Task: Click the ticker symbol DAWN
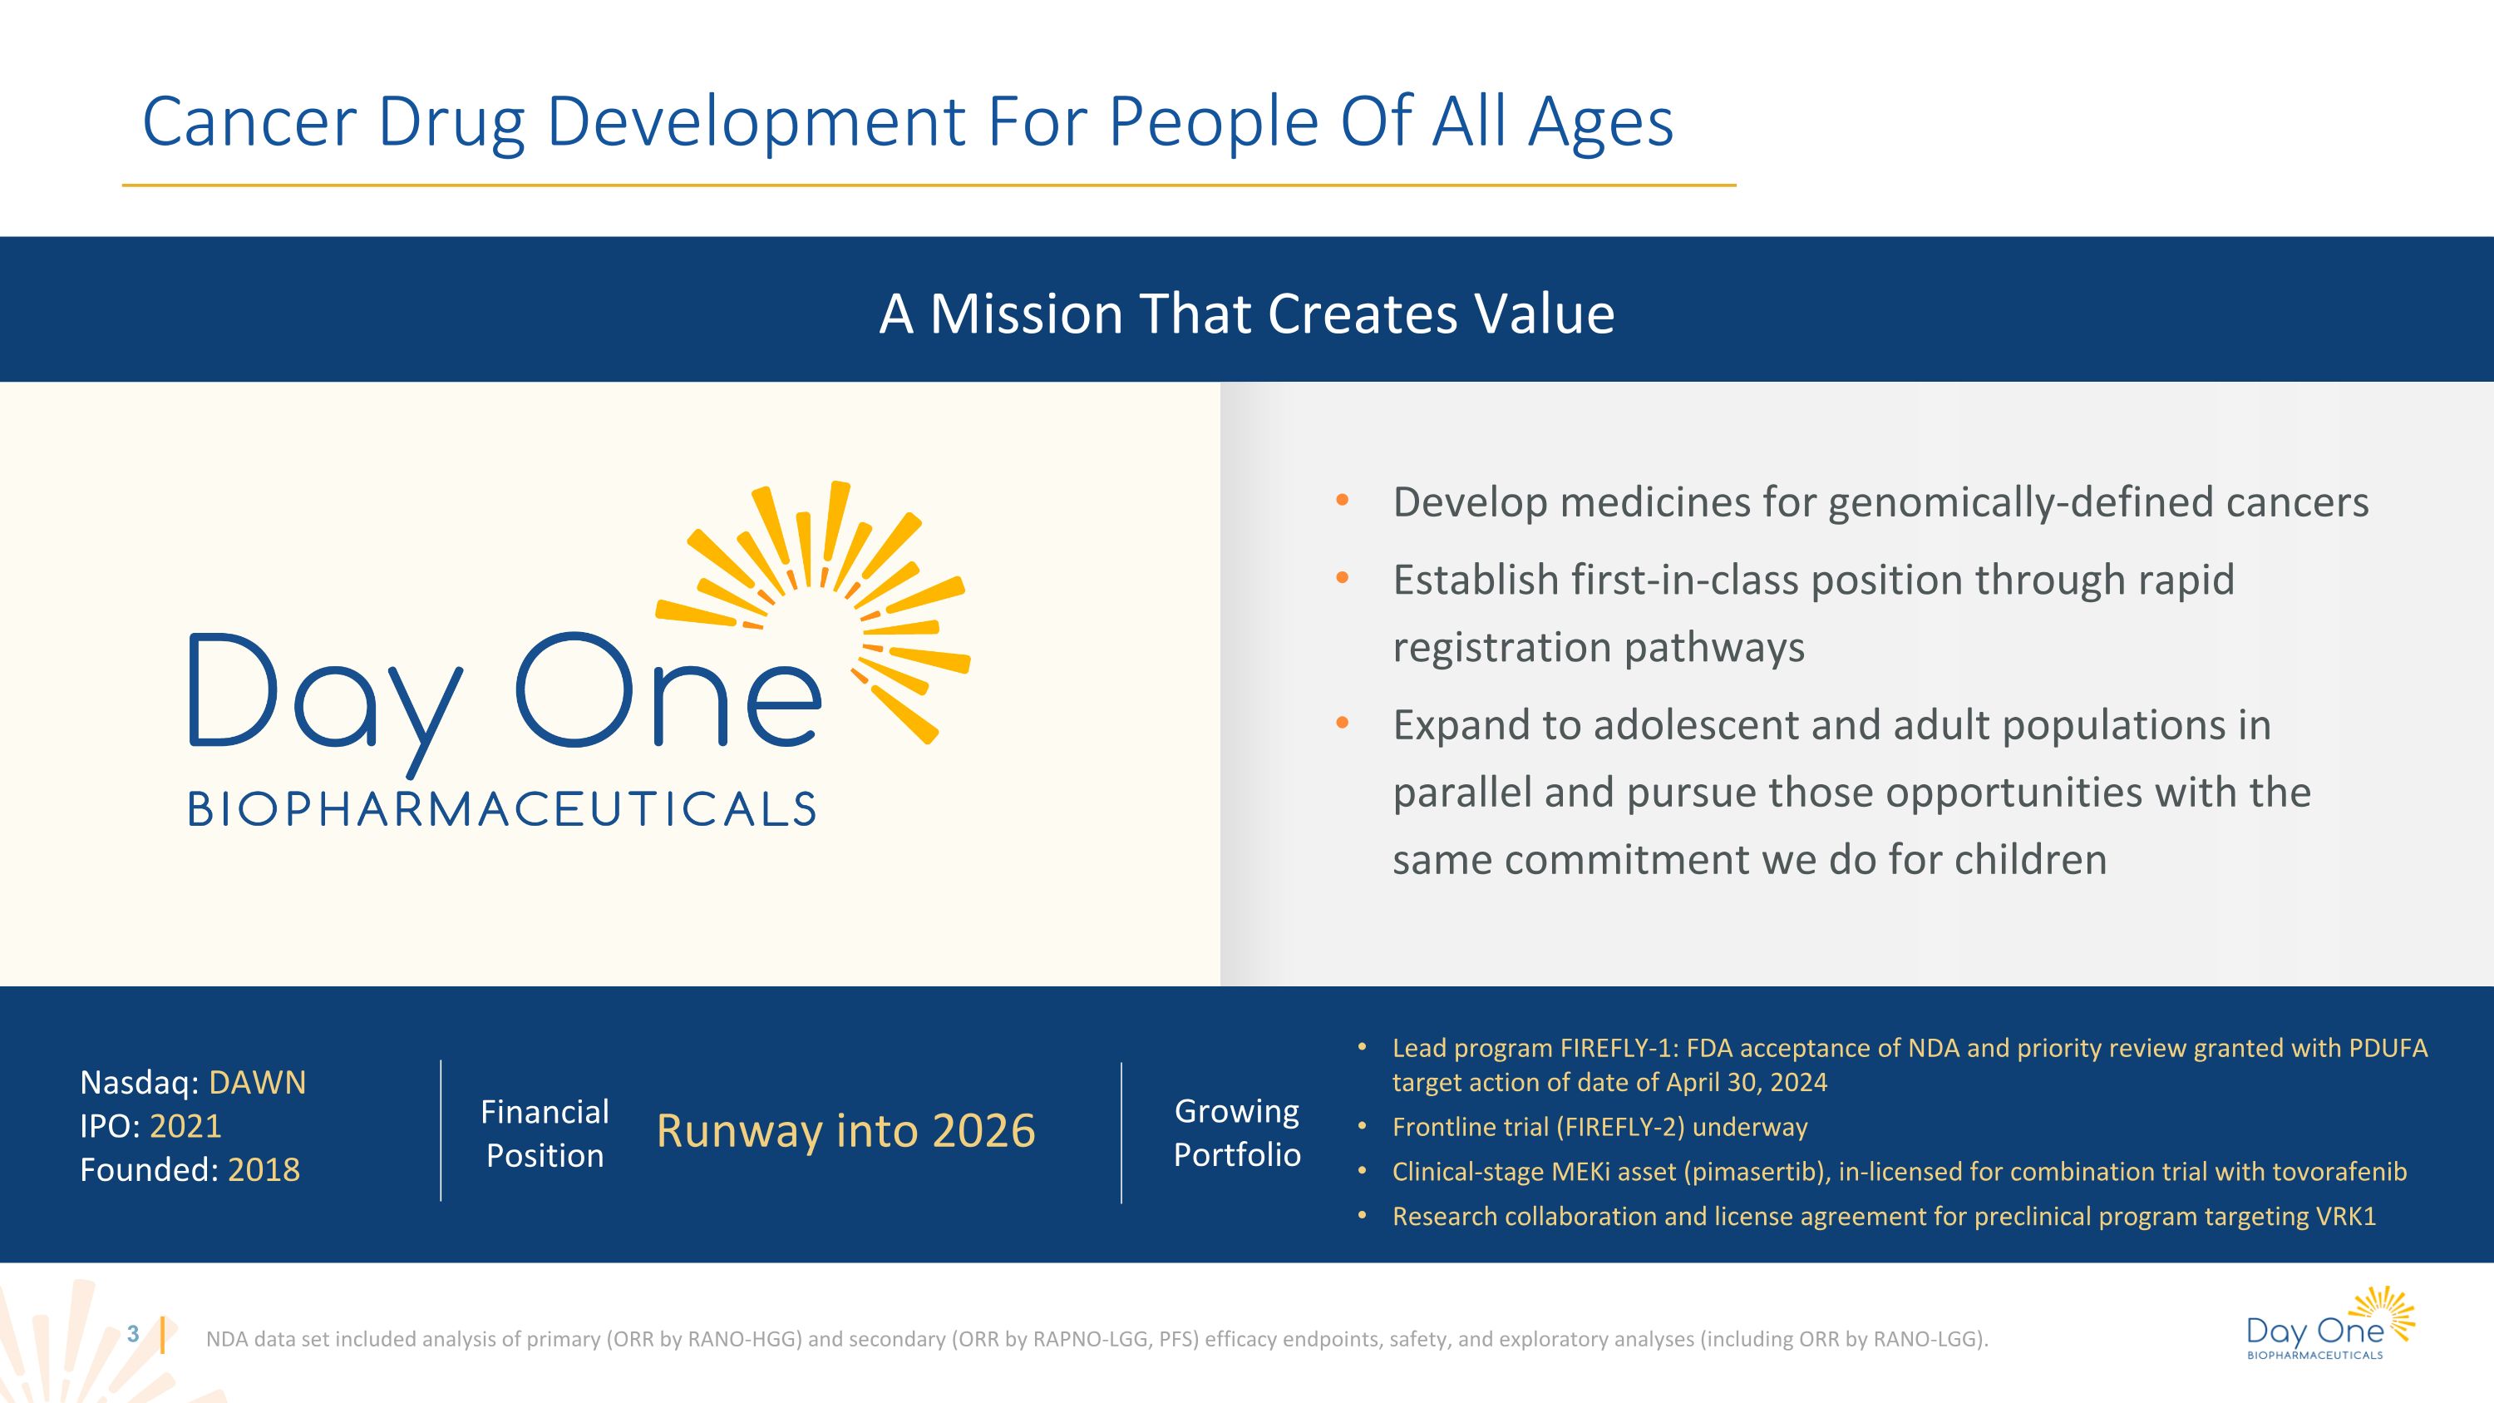coord(257,1083)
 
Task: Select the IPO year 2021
coord(186,1126)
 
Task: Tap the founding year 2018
coord(264,1169)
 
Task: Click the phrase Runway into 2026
coord(845,1131)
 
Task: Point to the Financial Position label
coord(545,1133)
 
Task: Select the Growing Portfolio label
coord(1236,1132)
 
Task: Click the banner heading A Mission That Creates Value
coord(1246,314)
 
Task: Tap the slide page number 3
coord(134,1334)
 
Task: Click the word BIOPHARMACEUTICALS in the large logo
coord(502,809)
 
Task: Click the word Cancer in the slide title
coord(249,122)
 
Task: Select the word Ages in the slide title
coord(1599,122)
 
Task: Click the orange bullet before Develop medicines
coord(1342,501)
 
